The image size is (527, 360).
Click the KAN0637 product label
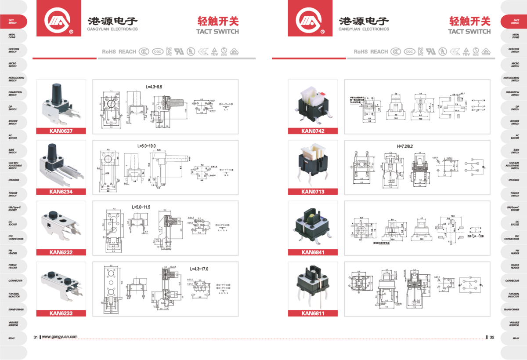coord(61,131)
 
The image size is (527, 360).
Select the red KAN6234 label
coord(61,191)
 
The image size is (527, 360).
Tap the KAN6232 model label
coord(61,252)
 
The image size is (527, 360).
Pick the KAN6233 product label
coord(61,313)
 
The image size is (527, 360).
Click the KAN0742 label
coord(313,131)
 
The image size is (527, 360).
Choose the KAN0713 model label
coord(313,191)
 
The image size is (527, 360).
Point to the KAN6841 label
coord(313,252)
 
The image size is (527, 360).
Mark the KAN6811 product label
coord(313,313)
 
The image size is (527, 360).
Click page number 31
coord(36,337)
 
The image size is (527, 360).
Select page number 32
coord(492,337)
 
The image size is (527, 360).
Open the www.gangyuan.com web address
coord(60,337)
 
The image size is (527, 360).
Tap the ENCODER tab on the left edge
coord(13,180)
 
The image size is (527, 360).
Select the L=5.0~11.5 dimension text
coord(141,206)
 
